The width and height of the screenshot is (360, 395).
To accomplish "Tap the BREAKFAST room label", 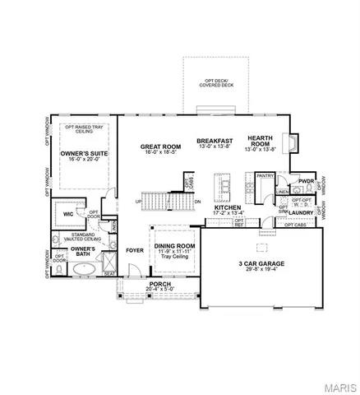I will point(215,141).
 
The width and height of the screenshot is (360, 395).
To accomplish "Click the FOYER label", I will point(134,249).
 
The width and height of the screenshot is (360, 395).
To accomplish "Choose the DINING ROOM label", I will point(175,246).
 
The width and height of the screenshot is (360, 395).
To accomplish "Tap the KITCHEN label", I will point(228,208).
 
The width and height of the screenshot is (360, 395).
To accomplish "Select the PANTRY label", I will point(264,175).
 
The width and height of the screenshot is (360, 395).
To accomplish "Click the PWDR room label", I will point(307,181).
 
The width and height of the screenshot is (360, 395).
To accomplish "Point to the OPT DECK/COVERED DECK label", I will point(214,81).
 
